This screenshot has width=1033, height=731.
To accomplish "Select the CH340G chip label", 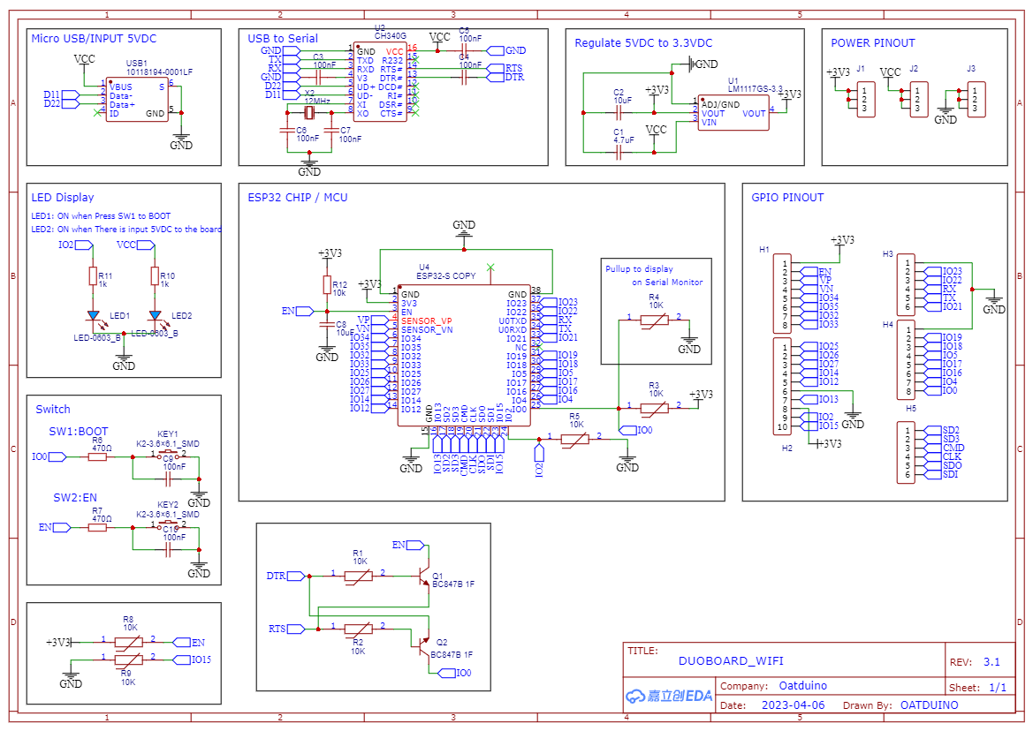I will tap(389, 35).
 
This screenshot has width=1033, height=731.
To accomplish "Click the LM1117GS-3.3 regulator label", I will tap(755, 88).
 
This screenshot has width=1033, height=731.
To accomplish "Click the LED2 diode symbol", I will tap(156, 315).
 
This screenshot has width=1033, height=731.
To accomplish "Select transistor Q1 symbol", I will tap(423, 575).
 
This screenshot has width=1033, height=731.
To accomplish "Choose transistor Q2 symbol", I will tap(423, 644).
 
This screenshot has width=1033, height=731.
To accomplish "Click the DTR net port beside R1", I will tap(277, 576).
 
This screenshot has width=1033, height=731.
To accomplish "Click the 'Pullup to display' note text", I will tap(639, 268).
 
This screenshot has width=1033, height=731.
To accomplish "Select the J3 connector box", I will tap(975, 100).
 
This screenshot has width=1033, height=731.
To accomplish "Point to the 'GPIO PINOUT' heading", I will tap(787, 198).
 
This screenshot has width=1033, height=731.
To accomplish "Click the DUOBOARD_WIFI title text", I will tap(731, 660).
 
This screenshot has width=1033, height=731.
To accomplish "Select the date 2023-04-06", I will tap(793, 705).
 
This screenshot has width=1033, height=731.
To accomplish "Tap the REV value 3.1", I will tap(991, 662).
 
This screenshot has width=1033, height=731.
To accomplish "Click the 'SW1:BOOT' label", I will tap(79, 432).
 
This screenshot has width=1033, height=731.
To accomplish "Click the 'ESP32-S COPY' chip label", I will tap(446, 276).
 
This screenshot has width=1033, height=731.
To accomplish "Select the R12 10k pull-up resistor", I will tap(327, 285).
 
